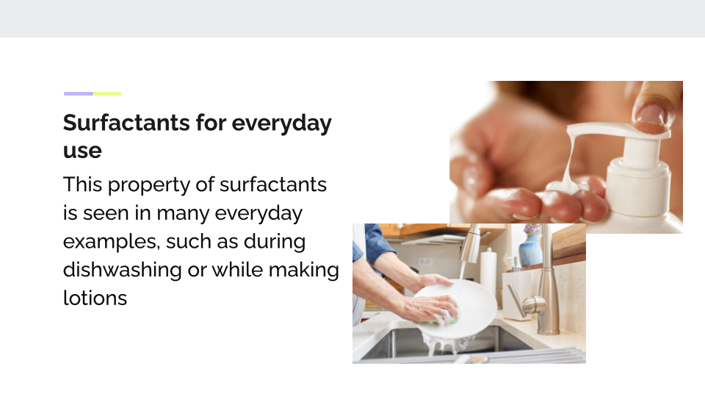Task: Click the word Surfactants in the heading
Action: [126, 123]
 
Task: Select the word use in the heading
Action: [82, 151]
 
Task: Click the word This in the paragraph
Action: [82, 185]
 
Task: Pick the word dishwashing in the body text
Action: [123, 270]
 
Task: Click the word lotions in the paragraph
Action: [95, 298]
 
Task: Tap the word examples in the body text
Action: [112, 242]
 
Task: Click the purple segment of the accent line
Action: [79, 93]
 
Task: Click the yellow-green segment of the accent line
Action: [107, 93]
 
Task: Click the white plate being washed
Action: [458, 306]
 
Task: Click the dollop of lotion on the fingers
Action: [565, 185]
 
